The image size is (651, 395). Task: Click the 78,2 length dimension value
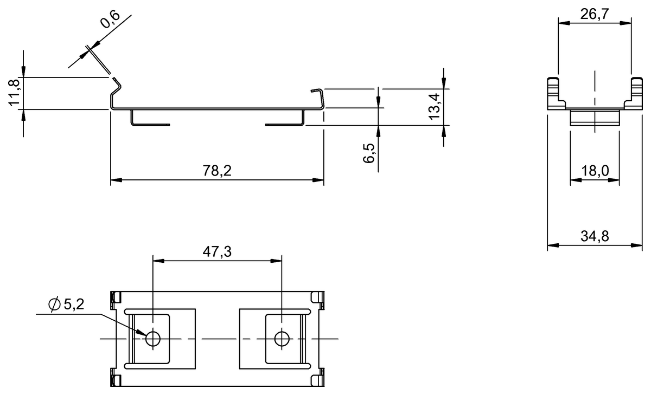pos(218,171)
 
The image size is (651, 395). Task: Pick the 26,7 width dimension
pos(595,14)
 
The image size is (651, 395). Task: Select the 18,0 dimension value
pos(595,172)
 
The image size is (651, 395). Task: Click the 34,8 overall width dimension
pos(595,236)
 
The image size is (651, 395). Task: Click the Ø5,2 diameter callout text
pos(67,305)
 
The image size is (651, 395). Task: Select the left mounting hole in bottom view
pos(153,339)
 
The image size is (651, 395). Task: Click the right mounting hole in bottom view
pos(281,339)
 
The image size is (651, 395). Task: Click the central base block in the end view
pos(595,118)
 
